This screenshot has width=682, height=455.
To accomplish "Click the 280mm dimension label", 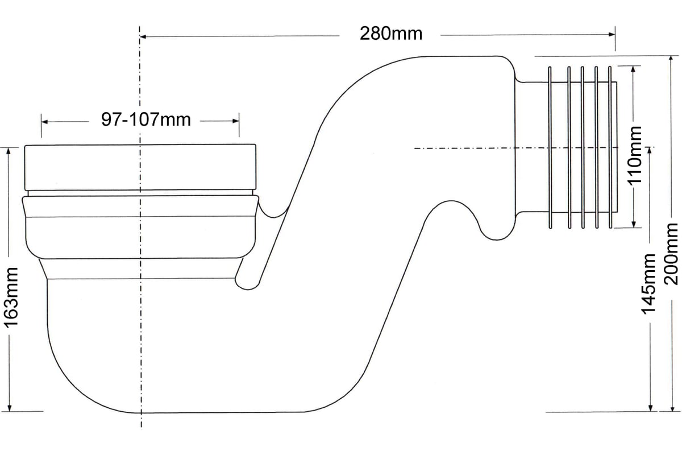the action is [391, 34].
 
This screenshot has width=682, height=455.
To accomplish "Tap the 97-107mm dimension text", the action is [146, 119].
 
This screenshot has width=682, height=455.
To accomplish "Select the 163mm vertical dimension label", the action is [11, 298].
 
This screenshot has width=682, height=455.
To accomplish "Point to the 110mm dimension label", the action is [634, 155].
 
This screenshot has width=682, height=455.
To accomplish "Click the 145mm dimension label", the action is [648, 284].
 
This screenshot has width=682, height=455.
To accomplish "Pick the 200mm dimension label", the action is [671, 254].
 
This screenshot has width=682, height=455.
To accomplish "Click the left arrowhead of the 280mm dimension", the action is [143, 37].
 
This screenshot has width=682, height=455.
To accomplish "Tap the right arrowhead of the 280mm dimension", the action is [612, 35].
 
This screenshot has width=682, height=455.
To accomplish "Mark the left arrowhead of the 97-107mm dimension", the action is [44, 122].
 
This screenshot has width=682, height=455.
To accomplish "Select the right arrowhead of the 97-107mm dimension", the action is [236, 121].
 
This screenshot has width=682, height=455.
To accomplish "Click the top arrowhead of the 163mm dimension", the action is [8, 151].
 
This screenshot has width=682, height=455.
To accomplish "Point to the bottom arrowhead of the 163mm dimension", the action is [10, 408].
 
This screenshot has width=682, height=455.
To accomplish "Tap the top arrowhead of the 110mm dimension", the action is [634, 69].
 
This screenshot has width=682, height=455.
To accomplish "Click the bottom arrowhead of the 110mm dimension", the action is [634, 224].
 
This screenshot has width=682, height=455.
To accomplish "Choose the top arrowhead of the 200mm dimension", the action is [671, 59].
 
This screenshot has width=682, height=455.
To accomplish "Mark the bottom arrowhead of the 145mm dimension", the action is [651, 408].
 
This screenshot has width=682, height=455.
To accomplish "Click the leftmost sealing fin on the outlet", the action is [550, 147].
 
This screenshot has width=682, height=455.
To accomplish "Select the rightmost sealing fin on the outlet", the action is [610, 147].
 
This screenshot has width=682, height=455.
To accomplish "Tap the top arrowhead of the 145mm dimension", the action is [650, 151].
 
